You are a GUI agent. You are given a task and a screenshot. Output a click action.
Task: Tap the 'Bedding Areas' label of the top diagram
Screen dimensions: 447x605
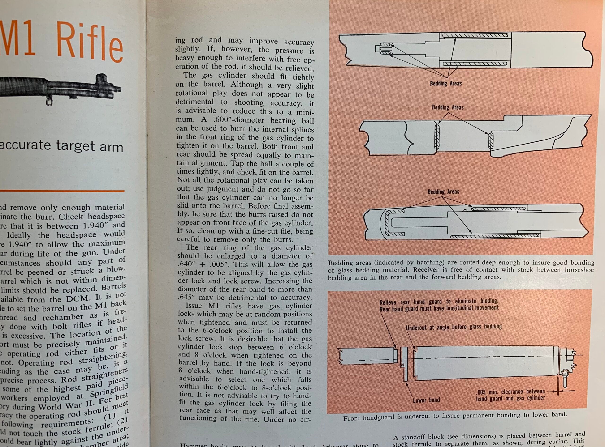coord(445,83)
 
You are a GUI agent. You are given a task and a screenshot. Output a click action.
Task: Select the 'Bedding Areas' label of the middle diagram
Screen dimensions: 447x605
coord(448,107)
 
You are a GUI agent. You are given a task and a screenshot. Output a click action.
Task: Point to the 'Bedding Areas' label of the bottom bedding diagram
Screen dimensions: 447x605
coord(443,192)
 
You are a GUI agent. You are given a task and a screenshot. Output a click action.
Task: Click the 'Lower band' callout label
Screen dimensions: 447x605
coord(426,400)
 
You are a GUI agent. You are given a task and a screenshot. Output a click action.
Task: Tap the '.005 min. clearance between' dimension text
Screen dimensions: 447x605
coord(510,392)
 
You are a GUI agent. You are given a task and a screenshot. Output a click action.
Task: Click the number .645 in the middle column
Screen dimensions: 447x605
coord(187,298)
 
